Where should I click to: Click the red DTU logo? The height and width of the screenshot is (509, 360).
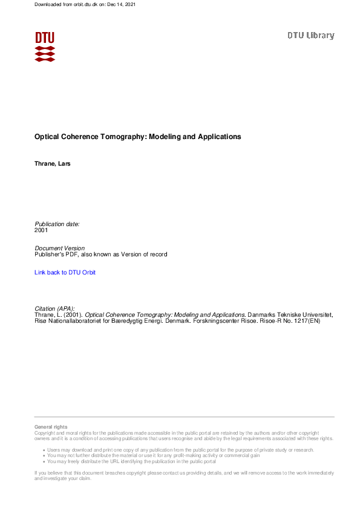45,47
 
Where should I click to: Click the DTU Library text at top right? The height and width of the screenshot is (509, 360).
310,36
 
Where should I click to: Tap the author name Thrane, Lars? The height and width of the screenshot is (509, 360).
53,164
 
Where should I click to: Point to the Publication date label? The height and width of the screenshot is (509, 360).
57,224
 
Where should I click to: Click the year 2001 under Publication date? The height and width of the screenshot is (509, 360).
41,230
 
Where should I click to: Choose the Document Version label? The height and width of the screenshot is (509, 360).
60,248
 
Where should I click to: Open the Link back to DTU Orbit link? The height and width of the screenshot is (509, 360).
65,273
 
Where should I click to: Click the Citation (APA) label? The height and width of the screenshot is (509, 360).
54,308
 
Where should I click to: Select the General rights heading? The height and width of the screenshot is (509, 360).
51,427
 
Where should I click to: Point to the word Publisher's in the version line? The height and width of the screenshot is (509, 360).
50,254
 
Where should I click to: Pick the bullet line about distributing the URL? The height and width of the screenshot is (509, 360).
131,461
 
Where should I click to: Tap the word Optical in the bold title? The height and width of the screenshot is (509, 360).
48,137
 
